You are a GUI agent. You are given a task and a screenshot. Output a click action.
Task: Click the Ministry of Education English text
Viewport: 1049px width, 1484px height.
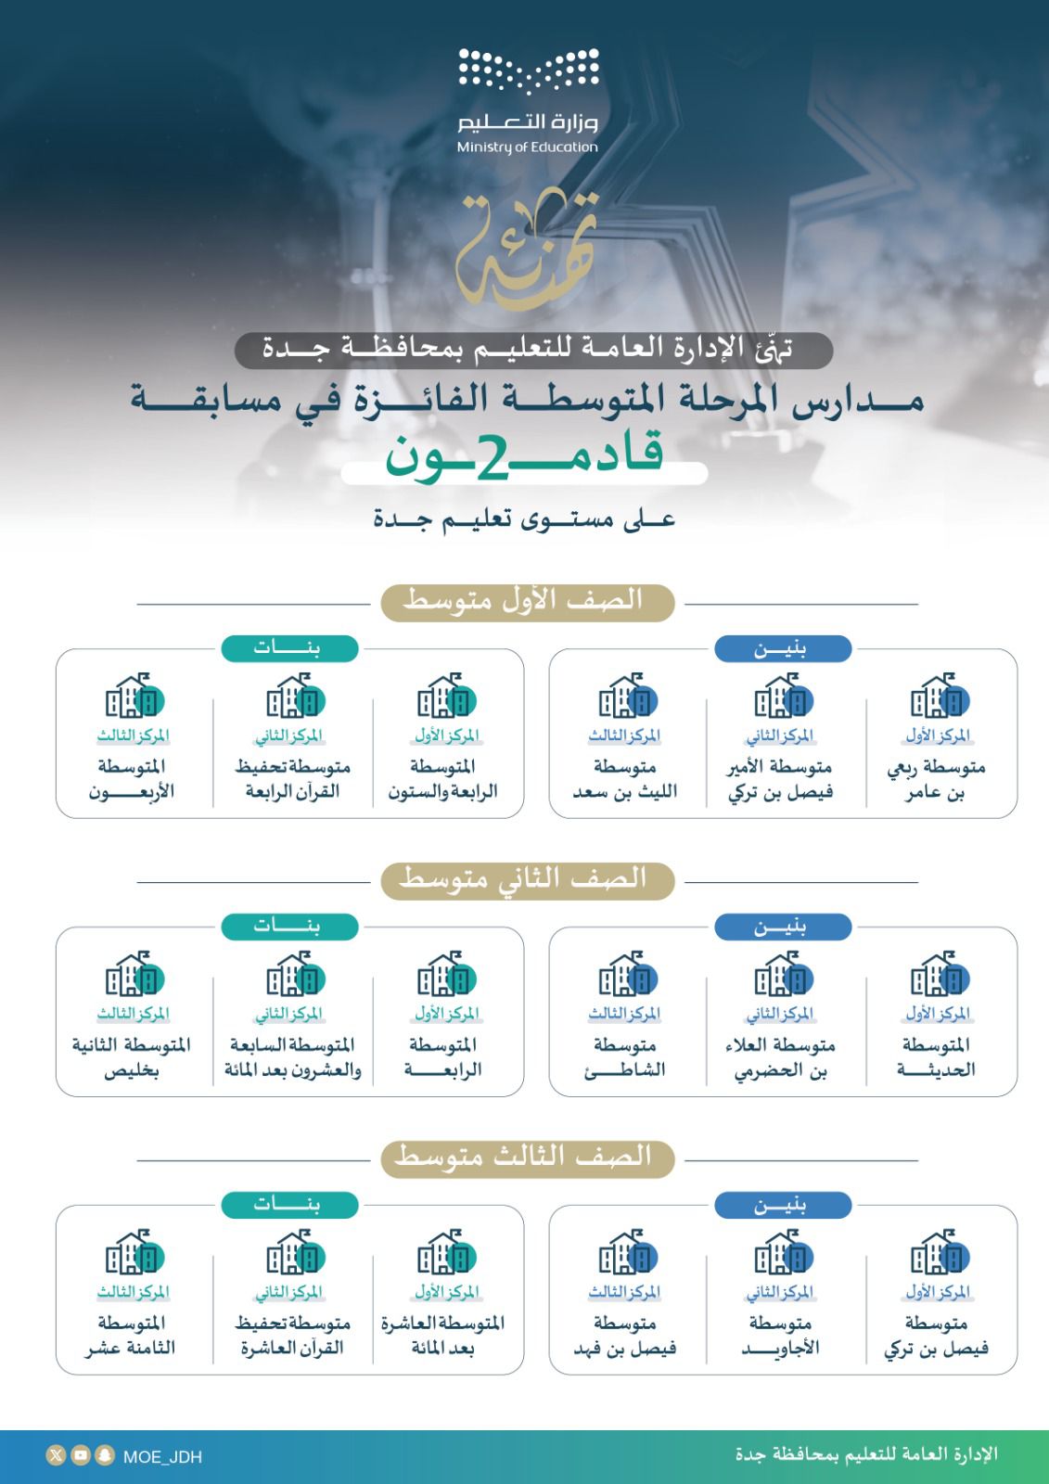tap(527, 147)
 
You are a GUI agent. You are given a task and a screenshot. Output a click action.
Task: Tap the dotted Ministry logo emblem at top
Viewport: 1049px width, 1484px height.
tap(529, 70)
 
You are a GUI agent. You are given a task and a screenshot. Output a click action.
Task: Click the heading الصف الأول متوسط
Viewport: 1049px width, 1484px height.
tap(525, 601)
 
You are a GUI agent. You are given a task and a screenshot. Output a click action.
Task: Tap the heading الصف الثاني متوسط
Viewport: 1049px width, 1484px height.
tap(525, 878)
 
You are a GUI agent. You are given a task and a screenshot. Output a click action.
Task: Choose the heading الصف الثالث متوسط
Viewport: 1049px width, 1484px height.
tap(525, 1157)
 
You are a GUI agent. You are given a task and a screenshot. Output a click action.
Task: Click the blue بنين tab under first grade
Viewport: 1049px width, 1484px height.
tap(782, 649)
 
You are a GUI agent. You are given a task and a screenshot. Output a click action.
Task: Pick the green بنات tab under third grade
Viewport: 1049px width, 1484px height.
tap(288, 1205)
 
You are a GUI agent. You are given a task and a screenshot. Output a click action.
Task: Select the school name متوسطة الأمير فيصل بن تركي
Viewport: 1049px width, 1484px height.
tap(779, 780)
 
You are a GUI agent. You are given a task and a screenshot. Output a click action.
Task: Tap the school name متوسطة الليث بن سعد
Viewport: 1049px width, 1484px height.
tap(625, 780)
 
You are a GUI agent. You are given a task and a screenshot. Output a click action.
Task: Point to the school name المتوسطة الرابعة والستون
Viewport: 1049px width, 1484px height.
tap(442, 780)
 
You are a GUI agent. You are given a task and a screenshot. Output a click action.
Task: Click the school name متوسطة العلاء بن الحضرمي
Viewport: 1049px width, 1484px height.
tap(779, 1058)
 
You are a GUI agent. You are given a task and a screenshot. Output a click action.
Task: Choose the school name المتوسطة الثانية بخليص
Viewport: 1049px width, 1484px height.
tap(132, 1058)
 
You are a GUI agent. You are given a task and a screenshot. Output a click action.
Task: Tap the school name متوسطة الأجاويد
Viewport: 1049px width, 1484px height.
tap(779, 1337)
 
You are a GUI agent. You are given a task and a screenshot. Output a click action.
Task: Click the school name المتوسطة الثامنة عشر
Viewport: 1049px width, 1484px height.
tap(132, 1337)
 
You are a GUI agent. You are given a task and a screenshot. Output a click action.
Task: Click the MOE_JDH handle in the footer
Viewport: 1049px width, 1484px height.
tap(162, 1457)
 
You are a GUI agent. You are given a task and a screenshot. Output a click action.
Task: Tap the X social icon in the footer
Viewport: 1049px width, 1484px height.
tap(57, 1456)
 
